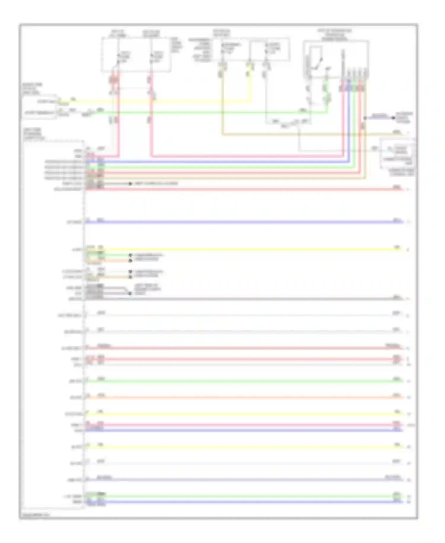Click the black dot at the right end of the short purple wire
tap(393, 118)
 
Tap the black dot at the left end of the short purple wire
tap(365, 118)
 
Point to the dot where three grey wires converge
tap(130, 293)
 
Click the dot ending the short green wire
tap(130, 255)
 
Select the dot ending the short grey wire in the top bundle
tap(130, 184)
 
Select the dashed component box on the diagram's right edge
tap(398, 153)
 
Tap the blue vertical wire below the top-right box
tap(349, 119)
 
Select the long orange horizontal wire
tap(243, 397)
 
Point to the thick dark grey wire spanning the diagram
tap(243, 299)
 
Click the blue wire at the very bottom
tap(243, 502)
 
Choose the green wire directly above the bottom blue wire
tap(243, 496)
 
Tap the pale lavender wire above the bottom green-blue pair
tap(243, 480)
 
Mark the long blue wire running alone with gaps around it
tap(243, 222)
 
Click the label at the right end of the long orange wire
tap(397, 395)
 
